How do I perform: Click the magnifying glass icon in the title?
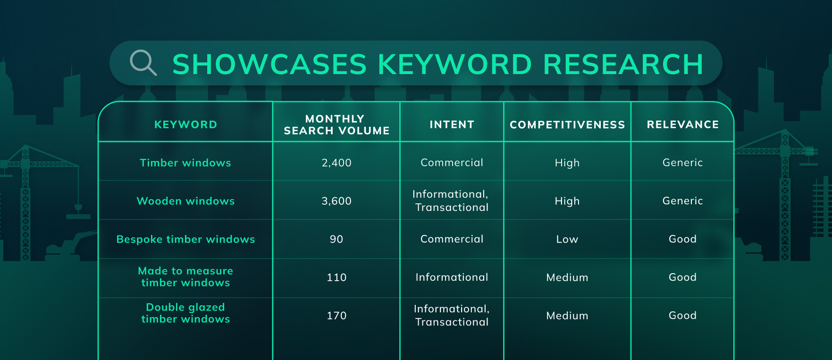143,63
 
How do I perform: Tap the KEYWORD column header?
185,125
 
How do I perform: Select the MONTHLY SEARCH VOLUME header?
336,125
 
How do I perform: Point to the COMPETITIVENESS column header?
567,125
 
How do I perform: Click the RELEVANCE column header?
682,125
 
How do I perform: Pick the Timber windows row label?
185,163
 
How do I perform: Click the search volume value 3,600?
336,201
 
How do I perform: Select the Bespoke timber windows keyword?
185,239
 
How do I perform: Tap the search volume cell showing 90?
336,239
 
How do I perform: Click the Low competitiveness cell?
567,239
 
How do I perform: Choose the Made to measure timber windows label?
185,277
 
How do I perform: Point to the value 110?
336,277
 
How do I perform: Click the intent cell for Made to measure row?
452,277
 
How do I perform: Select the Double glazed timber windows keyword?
185,313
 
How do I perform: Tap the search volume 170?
336,316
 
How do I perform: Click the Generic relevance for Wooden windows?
682,201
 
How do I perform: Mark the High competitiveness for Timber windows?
567,163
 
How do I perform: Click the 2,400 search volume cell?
336,163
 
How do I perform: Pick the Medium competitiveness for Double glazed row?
567,316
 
